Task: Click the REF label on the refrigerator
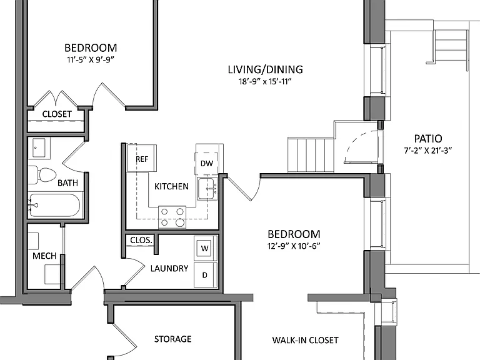click(142, 159)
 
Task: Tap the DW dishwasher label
click(207, 164)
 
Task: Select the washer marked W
click(206, 248)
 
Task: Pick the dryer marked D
click(206, 275)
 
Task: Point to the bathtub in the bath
click(55, 205)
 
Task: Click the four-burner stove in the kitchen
click(172, 217)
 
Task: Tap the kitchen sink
click(207, 189)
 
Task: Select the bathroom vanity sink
click(39, 148)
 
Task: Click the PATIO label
click(428, 139)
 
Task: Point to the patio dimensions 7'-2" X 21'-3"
click(428, 150)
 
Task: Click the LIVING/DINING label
click(266, 69)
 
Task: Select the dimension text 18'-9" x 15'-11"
click(265, 81)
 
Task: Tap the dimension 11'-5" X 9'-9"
click(91, 59)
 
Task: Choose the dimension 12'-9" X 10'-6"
click(294, 246)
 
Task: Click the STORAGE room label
click(173, 339)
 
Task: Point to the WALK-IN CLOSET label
click(306, 340)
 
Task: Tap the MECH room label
click(44, 256)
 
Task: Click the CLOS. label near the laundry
click(141, 240)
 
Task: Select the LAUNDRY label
click(169, 269)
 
